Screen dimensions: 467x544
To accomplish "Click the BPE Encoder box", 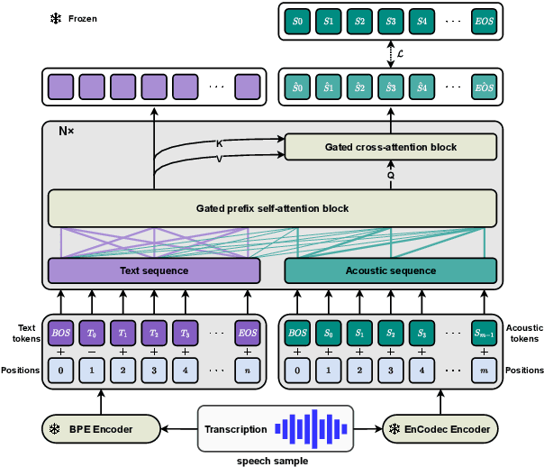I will [x=100, y=429].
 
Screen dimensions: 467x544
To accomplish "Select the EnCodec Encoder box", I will [x=442, y=429].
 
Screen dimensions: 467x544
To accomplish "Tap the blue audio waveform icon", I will [x=312, y=429].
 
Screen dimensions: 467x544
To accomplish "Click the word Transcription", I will [x=236, y=430].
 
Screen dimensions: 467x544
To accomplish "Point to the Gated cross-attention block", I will [x=390, y=147].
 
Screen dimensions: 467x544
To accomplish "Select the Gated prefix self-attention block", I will [x=272, y=208].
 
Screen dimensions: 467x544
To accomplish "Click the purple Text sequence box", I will [x=154, y=270].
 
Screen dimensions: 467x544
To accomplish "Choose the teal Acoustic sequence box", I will [x=390, y=270].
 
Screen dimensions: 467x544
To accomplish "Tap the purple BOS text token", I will [x=60, y=332].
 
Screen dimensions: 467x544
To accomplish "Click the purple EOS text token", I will [x=248, y=332].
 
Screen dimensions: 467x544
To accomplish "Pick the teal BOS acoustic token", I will [x=296, y=332].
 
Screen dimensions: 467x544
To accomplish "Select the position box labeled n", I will [x=248, y=369].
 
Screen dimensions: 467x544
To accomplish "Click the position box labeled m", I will [x=484, y=369].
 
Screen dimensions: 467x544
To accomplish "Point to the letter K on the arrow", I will [x=219, y=142].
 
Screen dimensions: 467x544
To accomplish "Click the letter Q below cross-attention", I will [x=391, y=176].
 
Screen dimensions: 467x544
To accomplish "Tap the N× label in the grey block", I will [x=67, y=132].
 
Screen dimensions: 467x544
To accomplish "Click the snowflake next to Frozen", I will [x=54, y=18].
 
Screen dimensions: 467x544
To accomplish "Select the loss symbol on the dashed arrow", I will [x=400, y=54].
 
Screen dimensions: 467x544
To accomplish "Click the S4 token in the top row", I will [x=421, y=22].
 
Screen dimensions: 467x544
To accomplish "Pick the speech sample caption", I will [x=272, y=460].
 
